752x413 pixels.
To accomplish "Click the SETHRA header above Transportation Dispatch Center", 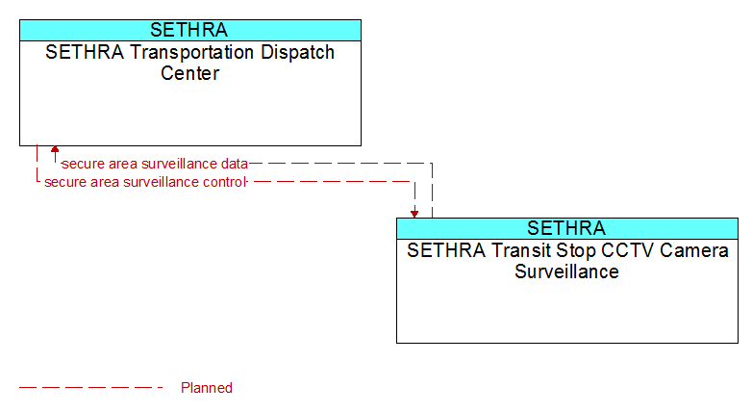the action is [188, 30].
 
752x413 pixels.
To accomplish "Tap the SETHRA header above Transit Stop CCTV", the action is [565, 228].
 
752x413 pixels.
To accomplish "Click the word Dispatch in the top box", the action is [297, 53].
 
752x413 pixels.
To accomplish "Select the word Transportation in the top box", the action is [191, 52].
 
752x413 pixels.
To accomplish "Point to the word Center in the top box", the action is [189, 73].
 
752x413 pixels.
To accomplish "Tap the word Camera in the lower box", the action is [694, 250].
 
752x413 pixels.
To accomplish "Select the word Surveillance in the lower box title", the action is [566, 271].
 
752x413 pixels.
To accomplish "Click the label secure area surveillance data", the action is [155, 164].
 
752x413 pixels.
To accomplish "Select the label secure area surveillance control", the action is [145, 182].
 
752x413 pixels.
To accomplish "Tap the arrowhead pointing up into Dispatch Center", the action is [55, 149].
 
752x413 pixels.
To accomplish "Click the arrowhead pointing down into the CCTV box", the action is [414, 214].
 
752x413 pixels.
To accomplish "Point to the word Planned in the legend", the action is [207, 388].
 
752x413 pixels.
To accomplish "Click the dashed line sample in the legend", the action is [91, 388].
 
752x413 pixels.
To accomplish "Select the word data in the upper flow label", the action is [235, 164].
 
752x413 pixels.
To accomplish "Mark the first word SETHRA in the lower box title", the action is [446, 250].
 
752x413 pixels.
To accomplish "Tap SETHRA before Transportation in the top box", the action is [85, 52].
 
